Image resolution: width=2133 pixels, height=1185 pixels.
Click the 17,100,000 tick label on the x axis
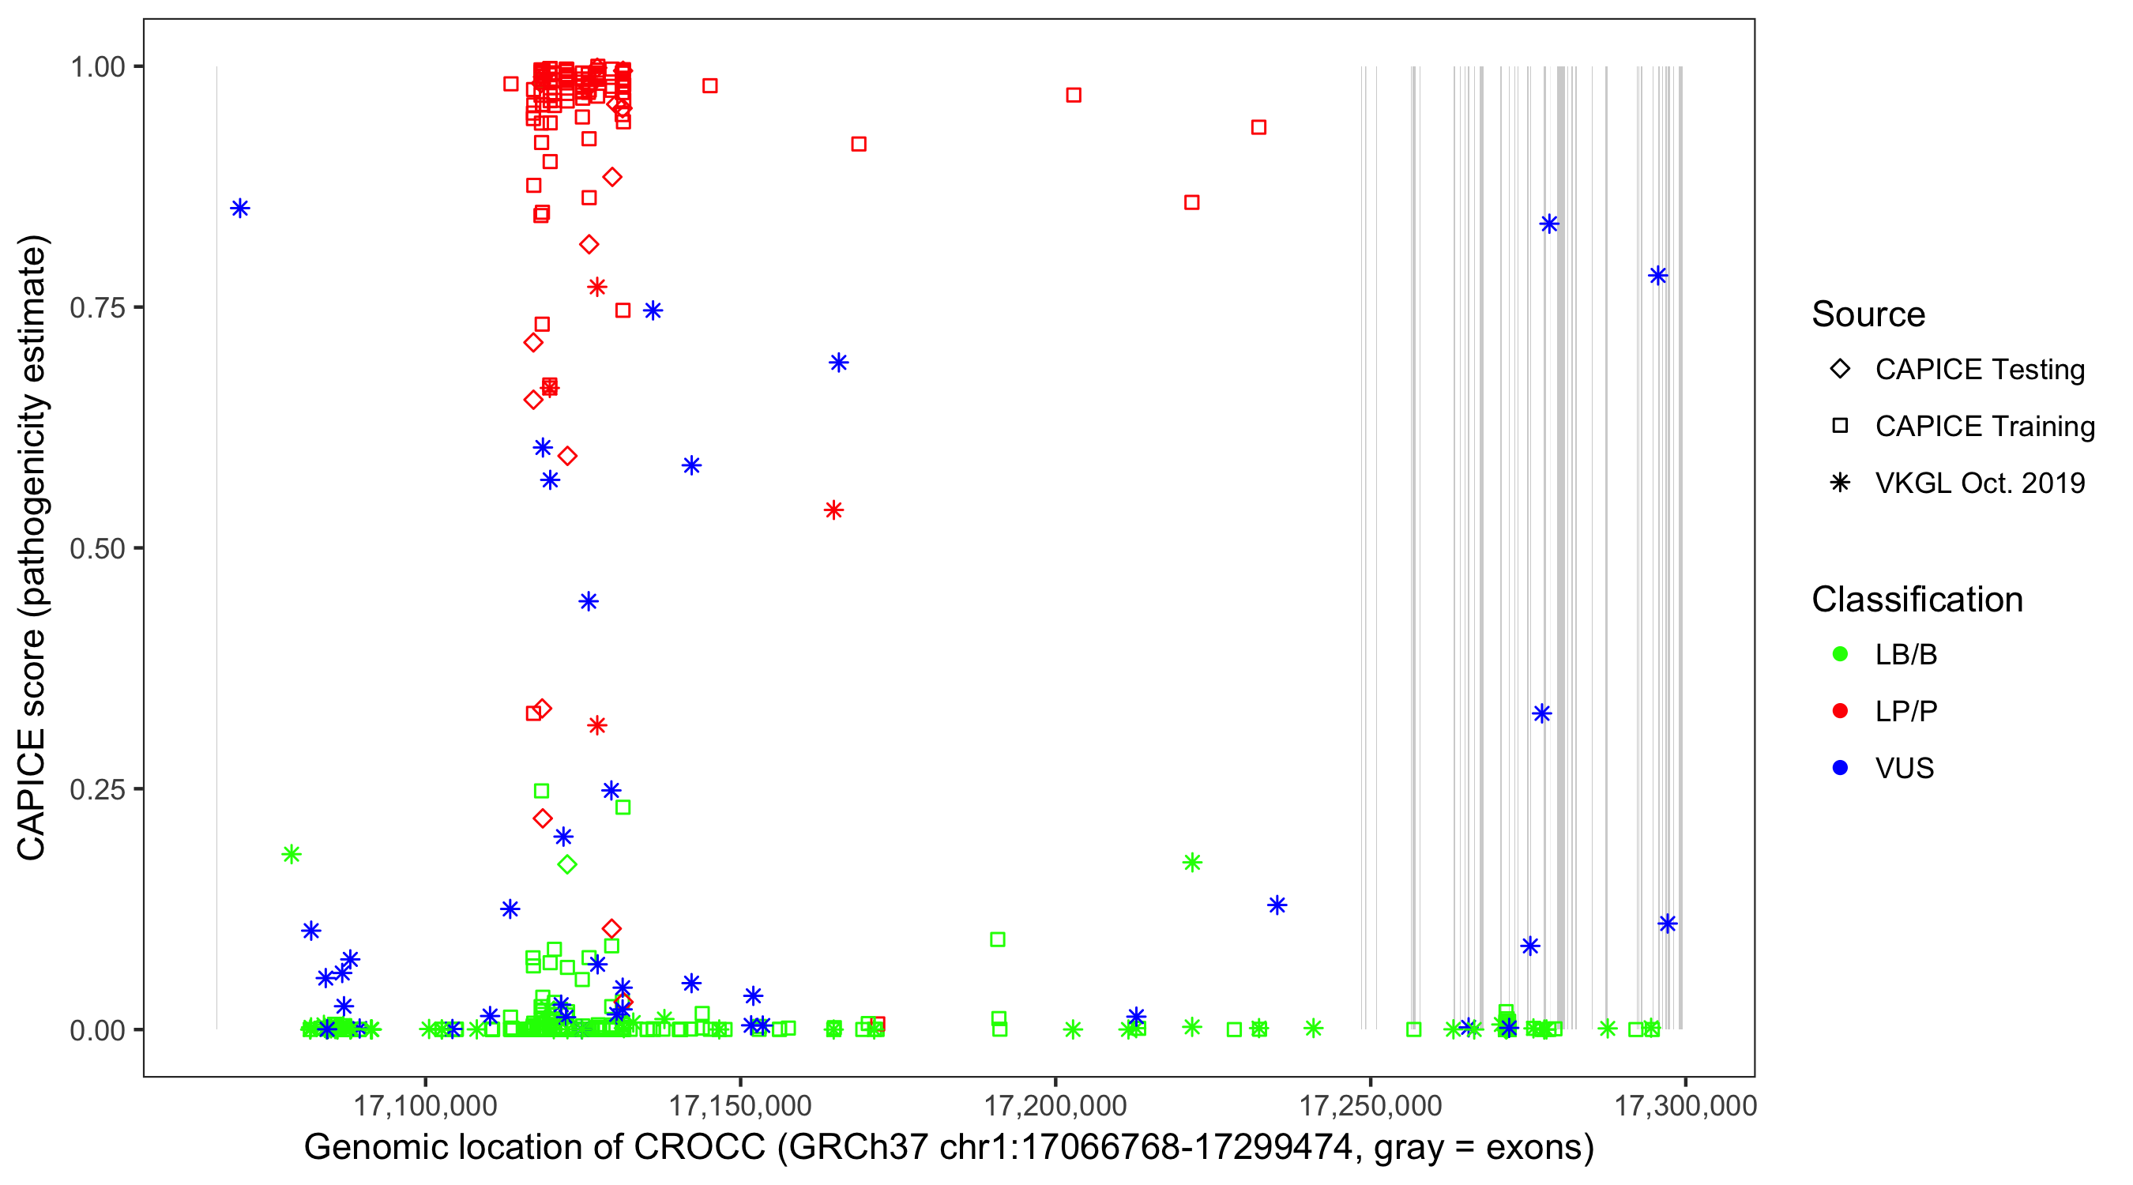coord(425,1105)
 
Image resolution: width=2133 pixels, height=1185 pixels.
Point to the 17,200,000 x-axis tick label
coord(1055,1105)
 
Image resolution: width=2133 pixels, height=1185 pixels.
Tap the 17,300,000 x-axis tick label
coord(1685,1105)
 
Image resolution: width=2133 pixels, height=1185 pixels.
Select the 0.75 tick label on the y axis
coord(97,308)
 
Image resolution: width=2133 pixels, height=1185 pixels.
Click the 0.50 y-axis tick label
coord(97,548)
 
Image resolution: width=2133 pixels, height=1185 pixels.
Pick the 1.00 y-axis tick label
coord(97,67)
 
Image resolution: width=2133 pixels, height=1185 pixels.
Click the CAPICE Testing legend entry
coord(1979,370)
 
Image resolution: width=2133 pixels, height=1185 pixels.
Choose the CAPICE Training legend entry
coord(1984,427)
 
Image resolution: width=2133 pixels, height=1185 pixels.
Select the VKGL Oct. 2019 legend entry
coord(1979,483)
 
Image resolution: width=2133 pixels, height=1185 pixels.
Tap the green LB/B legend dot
coord(1840,654)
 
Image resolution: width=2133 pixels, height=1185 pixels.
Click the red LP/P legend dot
coord(1840,711)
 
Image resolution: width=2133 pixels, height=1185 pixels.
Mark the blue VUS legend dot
coord(1840,768)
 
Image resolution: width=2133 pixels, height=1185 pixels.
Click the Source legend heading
coord(1868,314)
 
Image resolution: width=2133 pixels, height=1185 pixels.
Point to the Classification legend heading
coord(1917,600)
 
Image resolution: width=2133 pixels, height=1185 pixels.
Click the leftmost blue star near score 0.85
coord(240,209)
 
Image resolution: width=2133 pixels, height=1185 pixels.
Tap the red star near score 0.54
coord(833,510)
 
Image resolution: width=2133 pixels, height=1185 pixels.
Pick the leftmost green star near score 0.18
coord(291,854)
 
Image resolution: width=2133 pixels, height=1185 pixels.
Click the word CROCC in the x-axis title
coord(700,1148)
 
